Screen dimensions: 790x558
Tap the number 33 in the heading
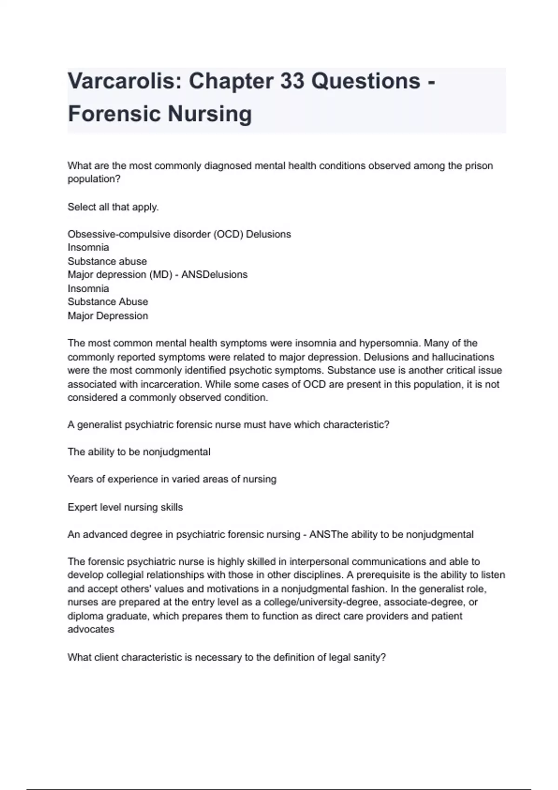point(292,82)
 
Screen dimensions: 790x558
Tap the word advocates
point(91,629)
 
